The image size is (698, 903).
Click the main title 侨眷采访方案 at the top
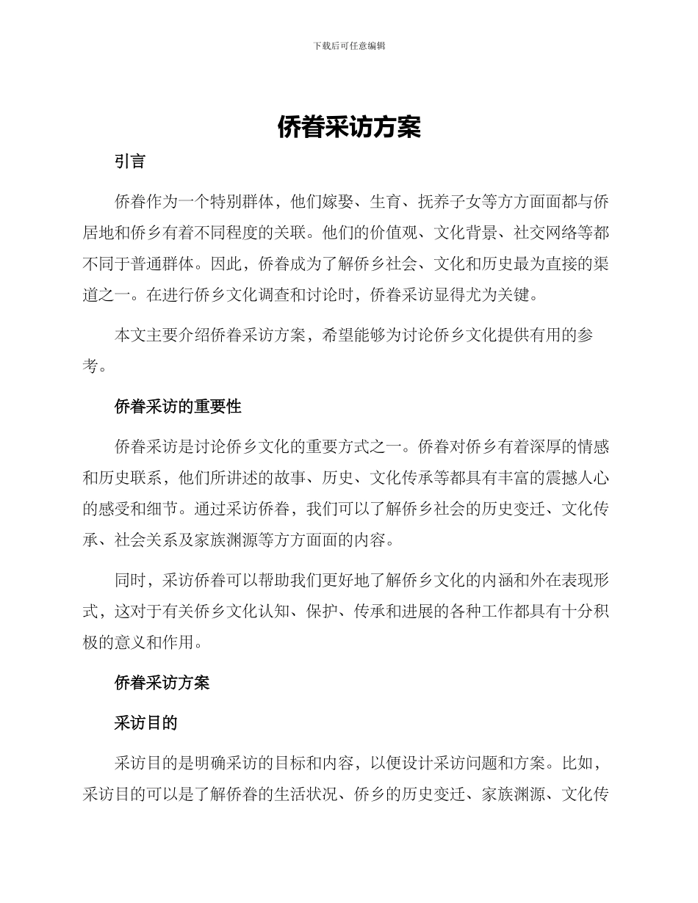pos(349,127)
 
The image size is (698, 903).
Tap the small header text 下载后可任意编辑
pos(349,46)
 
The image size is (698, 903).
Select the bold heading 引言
pos(130,162)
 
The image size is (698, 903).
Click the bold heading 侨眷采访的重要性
pos(178,406)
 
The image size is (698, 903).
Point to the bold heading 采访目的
pos(146,722)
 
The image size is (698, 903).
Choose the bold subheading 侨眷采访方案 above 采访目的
pos(162,683)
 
